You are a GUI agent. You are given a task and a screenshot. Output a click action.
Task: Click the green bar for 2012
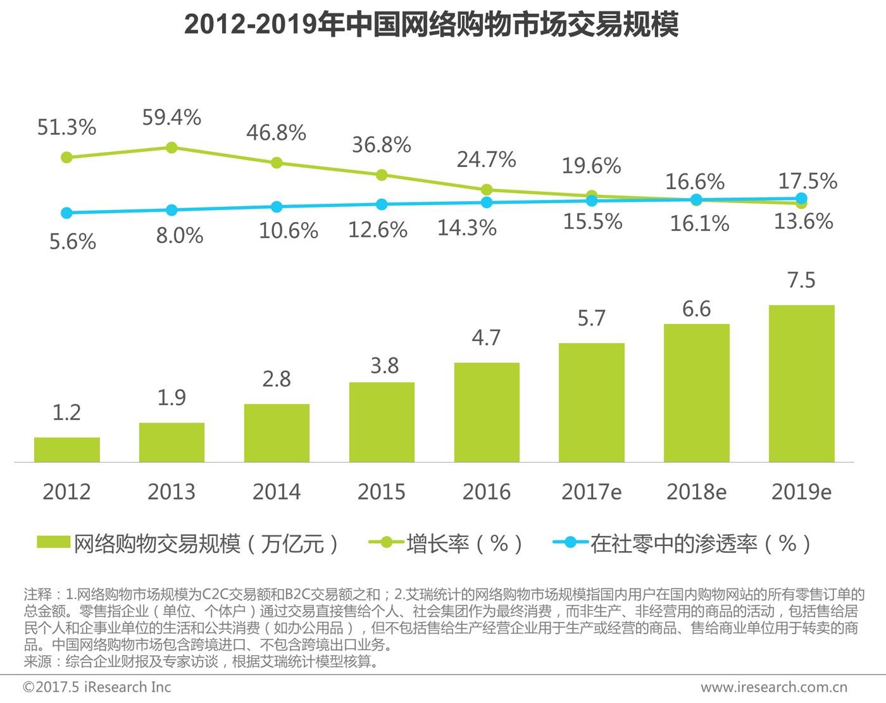click(66, 449)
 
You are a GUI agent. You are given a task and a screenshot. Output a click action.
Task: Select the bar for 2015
click(382, 422)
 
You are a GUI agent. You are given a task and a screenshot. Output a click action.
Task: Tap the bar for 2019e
click(801, 383)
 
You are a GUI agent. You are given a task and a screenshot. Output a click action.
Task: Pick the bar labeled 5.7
click(591, 402)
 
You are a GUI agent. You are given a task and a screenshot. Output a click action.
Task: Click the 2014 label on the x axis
click(277, 492)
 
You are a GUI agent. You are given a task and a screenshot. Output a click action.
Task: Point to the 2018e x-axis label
click(696, 492)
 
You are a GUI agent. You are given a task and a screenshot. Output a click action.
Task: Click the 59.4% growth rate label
click(172, 118)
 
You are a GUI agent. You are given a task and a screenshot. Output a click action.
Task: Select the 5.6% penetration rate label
click(73, 242)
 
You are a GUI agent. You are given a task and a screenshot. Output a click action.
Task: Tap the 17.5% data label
click(807, 182)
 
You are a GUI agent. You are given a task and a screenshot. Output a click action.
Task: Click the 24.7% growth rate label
click(486, 159)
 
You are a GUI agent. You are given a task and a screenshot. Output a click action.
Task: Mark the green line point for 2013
click(172, 147)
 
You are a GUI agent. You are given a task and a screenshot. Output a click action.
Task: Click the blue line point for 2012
click(66, 213)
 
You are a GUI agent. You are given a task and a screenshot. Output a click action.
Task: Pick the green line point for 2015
click(382, 175)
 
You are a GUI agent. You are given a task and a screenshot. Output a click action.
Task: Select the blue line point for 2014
click(277, 207)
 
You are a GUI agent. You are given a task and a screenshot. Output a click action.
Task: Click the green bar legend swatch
click(53, 543)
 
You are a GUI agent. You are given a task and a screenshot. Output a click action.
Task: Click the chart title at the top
click(431, 25)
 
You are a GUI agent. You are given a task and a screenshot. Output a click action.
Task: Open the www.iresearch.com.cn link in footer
click(773, 687)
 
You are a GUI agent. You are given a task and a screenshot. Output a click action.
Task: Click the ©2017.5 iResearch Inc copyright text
click(97, 687)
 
